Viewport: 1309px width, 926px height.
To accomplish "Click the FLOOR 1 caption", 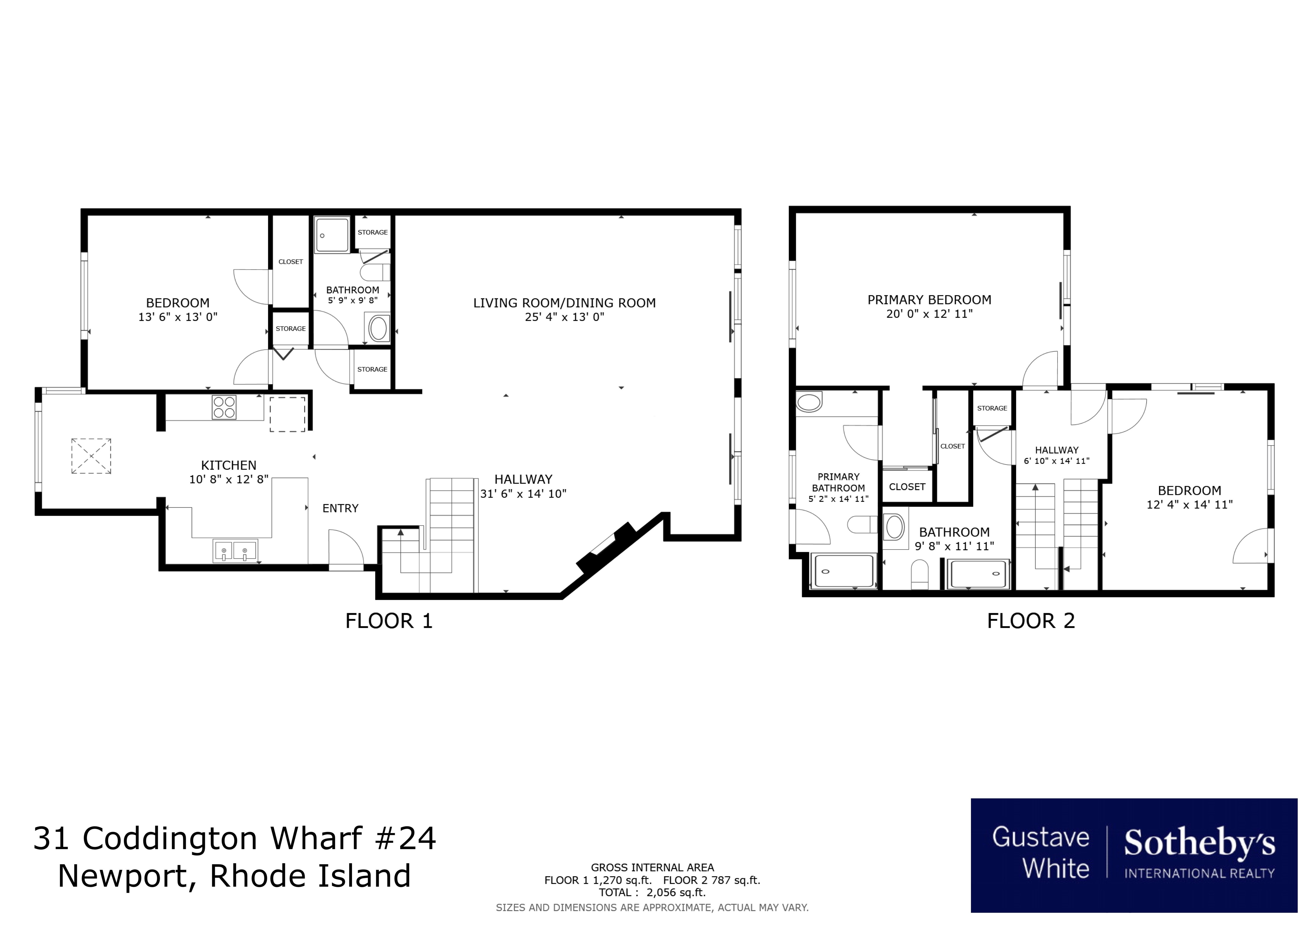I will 389,621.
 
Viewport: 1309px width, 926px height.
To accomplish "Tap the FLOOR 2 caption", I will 1031,621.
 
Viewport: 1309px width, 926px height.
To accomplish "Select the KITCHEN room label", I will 229,465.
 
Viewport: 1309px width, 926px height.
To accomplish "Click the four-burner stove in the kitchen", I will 224,407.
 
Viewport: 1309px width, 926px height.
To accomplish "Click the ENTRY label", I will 340,508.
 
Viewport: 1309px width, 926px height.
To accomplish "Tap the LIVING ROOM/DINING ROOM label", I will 564,303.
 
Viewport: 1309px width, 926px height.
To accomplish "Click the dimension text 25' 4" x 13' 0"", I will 564,317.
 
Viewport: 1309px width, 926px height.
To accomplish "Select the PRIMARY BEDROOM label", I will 929,300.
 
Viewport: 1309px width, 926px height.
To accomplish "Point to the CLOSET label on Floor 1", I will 291,262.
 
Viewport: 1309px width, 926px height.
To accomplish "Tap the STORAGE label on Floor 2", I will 992,408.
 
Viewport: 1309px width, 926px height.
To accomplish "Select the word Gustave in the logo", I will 1040,837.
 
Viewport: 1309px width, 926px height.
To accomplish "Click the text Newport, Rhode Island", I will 234,876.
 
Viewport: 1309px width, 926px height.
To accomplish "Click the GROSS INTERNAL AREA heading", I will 652,867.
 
